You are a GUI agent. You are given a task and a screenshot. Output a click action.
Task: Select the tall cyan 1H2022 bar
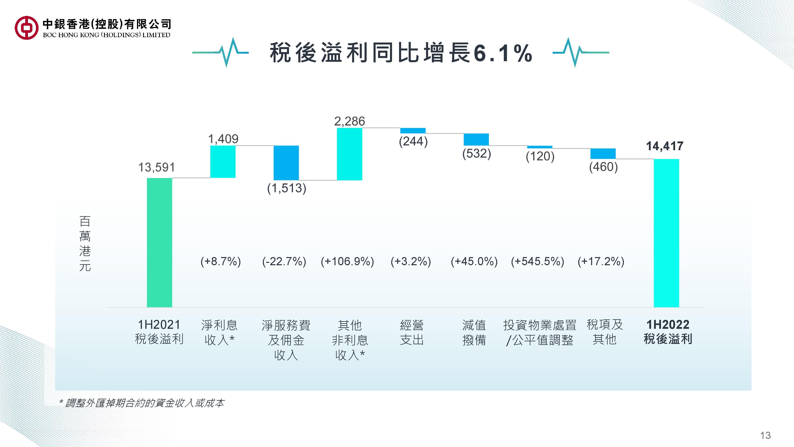pos(666,233)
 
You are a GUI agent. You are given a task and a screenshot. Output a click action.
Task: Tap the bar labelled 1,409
pos(223,162)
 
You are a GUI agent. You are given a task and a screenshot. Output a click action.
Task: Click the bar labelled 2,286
pos(350,154)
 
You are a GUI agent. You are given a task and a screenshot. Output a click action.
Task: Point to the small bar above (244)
pos(413,131)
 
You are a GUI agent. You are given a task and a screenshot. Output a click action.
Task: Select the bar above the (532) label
pos(476,139)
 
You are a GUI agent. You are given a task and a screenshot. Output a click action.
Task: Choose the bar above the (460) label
pos(603,154)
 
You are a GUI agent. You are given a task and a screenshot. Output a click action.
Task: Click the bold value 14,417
pos(665,146)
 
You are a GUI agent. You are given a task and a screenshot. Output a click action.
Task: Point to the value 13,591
pos(157,167)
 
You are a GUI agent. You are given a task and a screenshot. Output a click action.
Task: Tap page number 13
pos(766,435)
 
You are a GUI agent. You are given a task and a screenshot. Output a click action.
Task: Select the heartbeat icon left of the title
pos(221,52)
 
